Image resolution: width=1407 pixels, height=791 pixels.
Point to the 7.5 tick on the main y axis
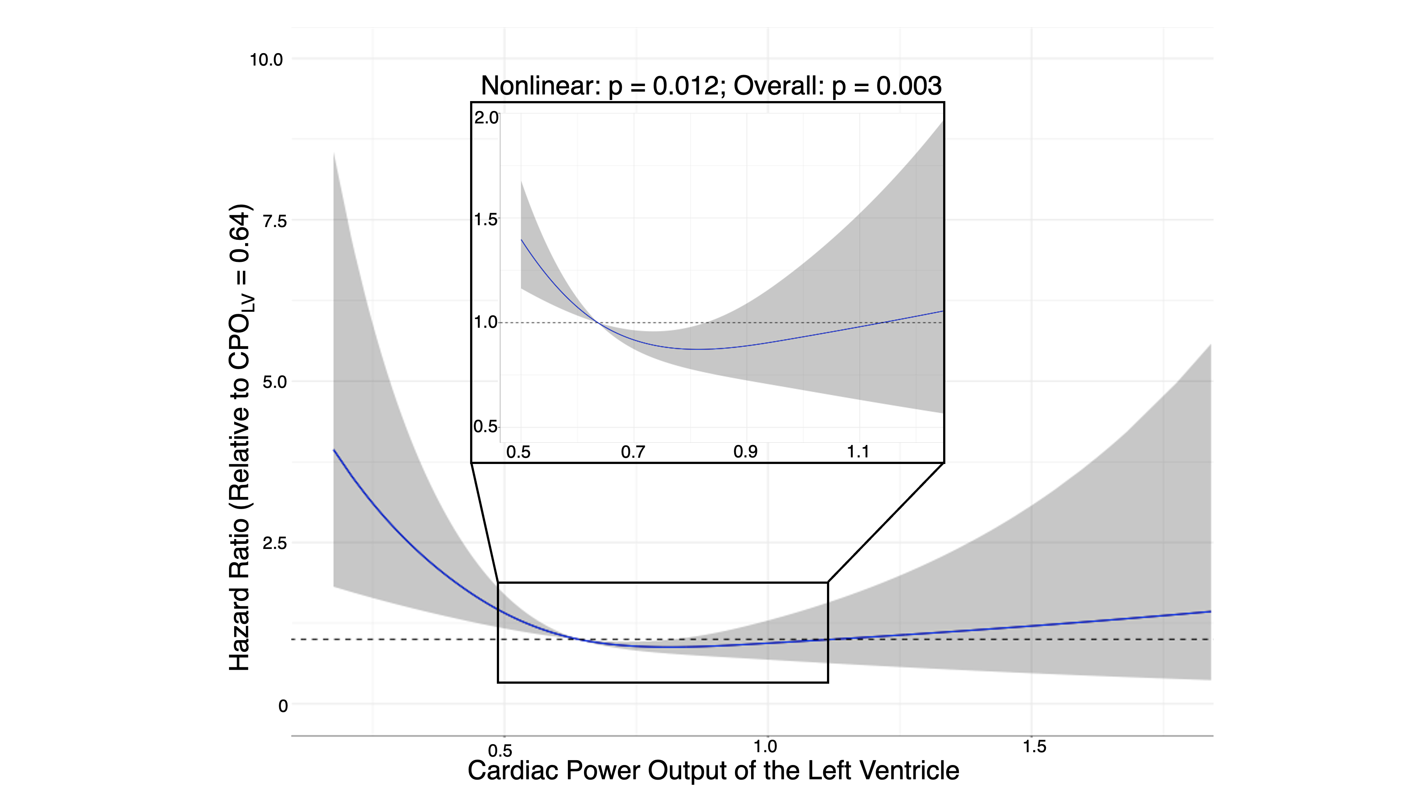pyautogui.click(x=275, y=221)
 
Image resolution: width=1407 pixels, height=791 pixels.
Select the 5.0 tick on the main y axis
pyautogui.click(x=275, y=382)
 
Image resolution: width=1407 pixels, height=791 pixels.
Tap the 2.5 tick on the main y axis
pyautogui.click(x=275, y=543)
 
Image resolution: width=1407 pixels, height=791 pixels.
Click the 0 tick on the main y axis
pyautogui.click(x=283, y=706)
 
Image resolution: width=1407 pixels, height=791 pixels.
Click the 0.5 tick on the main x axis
pyautogui.click(x=500, y=751)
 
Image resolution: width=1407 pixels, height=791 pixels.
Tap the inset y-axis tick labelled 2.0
pyautogui.click(x=485, y=118)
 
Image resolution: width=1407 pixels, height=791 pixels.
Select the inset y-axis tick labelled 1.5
pyautogui.click(x=485, y=220)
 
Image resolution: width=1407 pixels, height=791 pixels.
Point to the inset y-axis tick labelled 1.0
pyautogui.click(x=485, y=322)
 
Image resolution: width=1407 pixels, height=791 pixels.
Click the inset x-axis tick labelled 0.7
pyautogui.click(x=633, y=452)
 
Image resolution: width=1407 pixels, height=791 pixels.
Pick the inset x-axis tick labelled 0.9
pyautogui.click(x=746, y=452)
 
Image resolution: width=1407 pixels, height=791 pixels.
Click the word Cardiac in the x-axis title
pyautogui.click(x=513, y=770)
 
